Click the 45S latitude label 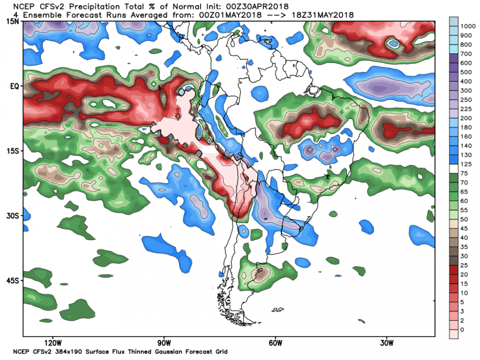(12, 280)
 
